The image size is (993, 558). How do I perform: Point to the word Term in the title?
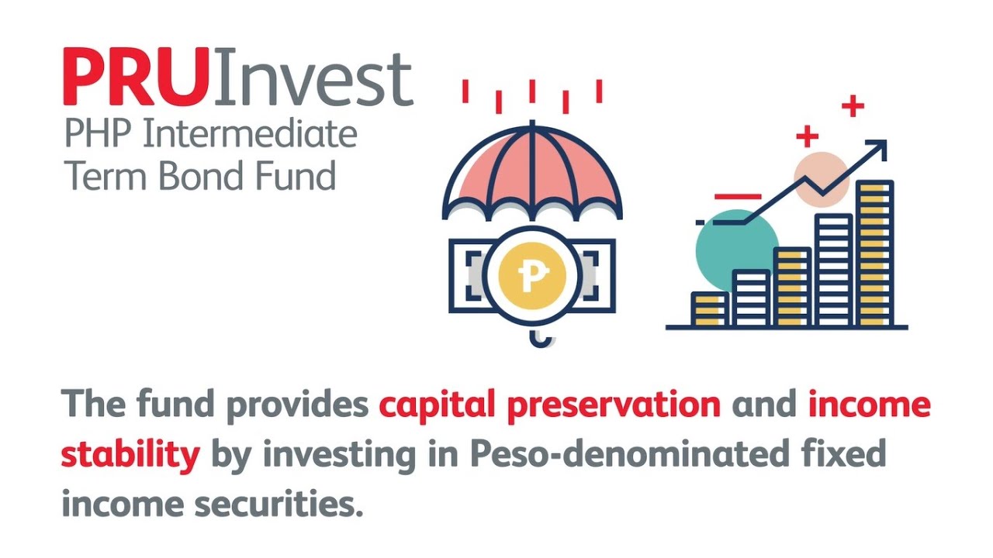tap(106, 176)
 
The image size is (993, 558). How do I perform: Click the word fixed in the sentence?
tap(847, 455)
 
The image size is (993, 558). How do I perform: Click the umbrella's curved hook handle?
tap(540, 338)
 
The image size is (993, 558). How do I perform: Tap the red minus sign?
tap(738, 198)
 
